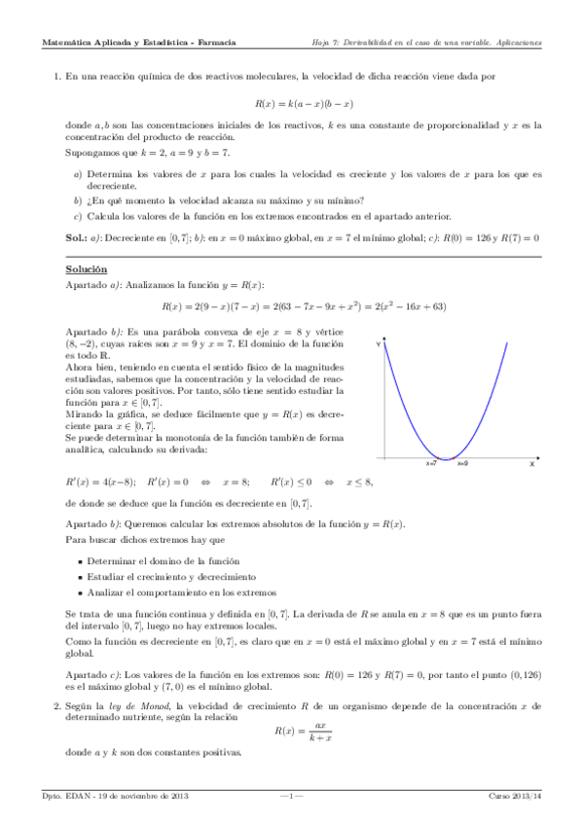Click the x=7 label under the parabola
tap(431, 465)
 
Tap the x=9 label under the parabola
tap(461, 465)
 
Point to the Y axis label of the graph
tap(379, 342)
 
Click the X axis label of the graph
tap(532, 465)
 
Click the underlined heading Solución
tap(87, 269)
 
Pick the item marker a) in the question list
tap(78, 173)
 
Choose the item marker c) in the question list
tap(78, 216)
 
